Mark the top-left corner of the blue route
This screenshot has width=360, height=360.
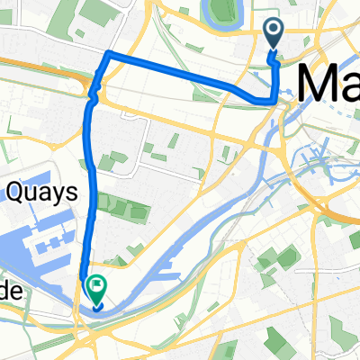[108, 56]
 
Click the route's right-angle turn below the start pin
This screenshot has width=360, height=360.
[274, 100]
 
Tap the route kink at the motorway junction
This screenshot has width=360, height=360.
[92, 90]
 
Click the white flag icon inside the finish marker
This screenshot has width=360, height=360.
[96, 287]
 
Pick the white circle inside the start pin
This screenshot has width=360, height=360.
[274, 32]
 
